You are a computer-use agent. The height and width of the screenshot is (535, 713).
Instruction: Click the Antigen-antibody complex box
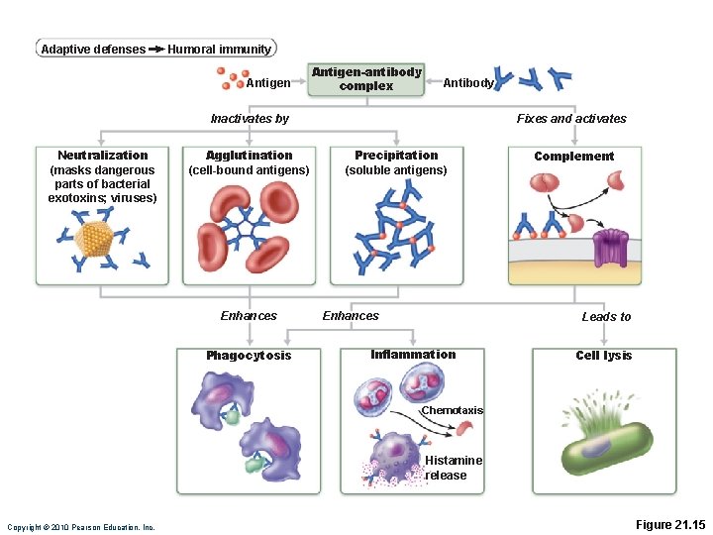click(x=366, y=79)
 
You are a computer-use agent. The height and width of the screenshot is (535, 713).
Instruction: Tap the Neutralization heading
click(x=102, y=156)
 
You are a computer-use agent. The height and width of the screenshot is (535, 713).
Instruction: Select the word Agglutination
click(x=249, y=156)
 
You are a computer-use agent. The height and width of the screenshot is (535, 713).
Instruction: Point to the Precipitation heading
click(x=396, y=156)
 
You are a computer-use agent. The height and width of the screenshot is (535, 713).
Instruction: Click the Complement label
click(x=573, y=157)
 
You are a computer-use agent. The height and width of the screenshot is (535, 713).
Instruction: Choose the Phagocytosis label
click(x=249, y=356)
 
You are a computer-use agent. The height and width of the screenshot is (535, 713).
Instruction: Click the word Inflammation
click(x=413, y=355)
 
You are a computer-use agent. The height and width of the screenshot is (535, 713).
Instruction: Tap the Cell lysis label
click(x=603, y=356)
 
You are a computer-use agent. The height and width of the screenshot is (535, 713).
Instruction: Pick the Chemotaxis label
click(x=452, y=410)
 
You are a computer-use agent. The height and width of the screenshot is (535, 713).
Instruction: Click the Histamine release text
click(x=453, y=468)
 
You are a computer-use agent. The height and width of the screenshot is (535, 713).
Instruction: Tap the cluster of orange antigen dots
click(x=233, y=78)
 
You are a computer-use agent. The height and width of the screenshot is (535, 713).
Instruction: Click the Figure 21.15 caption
click(x=669, y=525)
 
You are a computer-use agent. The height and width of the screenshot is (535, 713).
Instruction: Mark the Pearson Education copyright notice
click(x=81, y=527)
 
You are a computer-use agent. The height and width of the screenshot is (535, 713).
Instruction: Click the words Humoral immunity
click(x=219, y=50)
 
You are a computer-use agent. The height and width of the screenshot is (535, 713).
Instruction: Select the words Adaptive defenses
click(x=92, y=50)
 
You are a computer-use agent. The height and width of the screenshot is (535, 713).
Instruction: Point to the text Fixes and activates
click(x=571, y=119)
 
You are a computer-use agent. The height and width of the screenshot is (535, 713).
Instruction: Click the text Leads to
click(x=605, y=317)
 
